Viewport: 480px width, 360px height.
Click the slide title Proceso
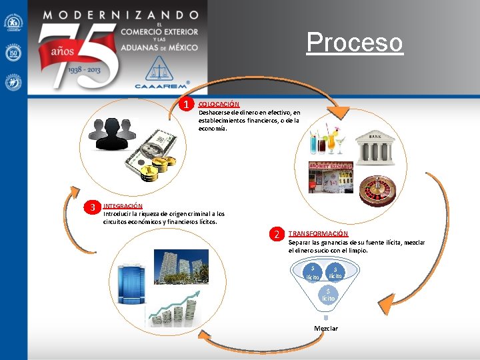(355, 43)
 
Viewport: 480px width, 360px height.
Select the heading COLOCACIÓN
(219, 104)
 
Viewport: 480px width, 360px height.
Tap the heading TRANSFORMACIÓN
(318, 234)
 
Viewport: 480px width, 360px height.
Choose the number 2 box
(276, 234)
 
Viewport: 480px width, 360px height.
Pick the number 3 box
(94, 206)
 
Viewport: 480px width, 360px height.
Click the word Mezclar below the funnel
(326, 328)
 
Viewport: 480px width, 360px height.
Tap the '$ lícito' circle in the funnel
(328, 295)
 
